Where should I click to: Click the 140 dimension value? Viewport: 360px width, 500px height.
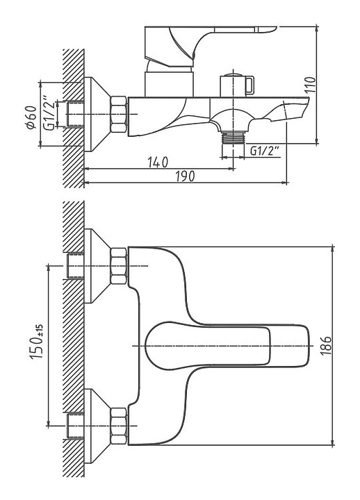click(x=158, y=162)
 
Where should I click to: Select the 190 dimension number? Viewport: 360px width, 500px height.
click(x=185, y=176)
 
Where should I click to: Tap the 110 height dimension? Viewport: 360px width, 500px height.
click(x=309, y=85)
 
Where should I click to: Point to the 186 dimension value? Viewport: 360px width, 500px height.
click(x=325, y=346)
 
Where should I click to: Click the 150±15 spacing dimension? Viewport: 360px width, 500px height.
click(x=37, y=342)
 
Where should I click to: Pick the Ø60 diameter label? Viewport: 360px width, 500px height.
click(x=31, y=117)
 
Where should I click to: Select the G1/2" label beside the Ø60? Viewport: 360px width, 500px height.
click(x=49, y=113)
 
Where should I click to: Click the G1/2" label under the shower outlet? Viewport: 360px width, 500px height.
click(x=265, y=151)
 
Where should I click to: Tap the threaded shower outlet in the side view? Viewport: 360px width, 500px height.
click(x=233, y=137)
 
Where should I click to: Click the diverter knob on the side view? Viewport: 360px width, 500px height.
click(x=237, y=85)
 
